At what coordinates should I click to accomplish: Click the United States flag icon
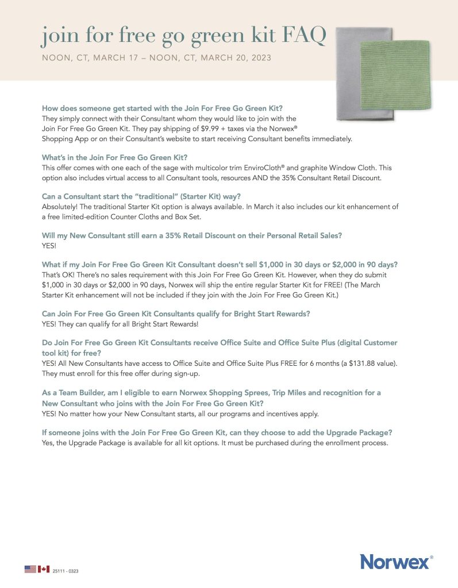click(30, 568)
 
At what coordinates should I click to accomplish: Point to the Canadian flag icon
click(43, 568)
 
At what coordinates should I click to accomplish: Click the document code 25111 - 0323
click(64, 571)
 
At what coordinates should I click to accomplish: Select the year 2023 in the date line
click(259, 58)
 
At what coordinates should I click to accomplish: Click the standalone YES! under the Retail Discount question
click(50, 245)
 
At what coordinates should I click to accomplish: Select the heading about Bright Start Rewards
click(176, 314)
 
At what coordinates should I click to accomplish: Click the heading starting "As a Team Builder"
click(211, 393)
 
